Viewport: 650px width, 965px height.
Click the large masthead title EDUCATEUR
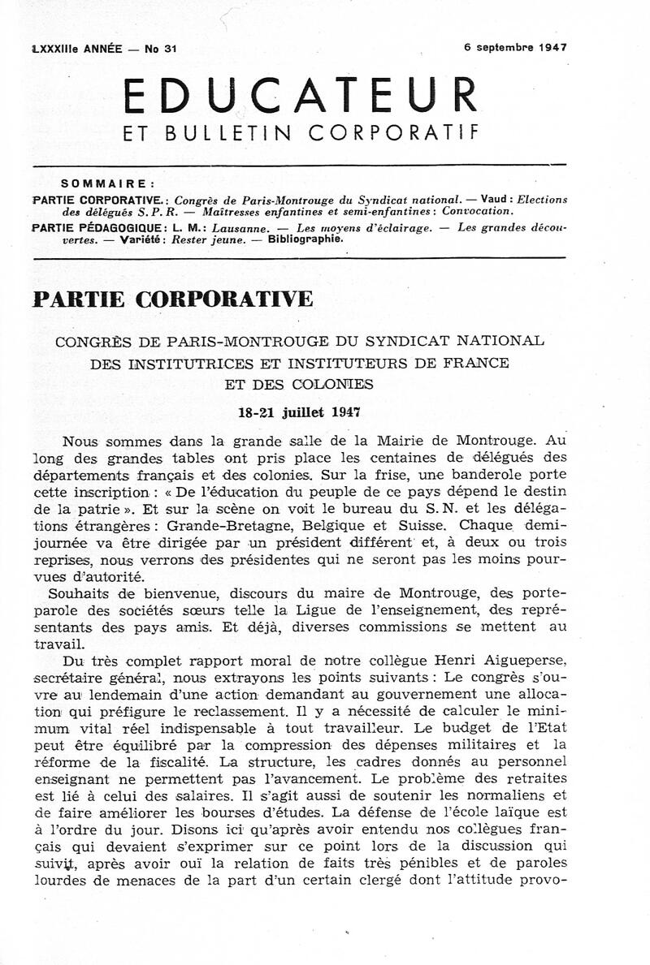pyautogui.click(x=300, y=96)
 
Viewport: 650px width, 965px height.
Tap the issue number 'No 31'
pyautogui.click(x=161, y=49)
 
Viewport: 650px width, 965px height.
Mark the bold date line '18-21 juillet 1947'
pyautogui.click(x=299, y=411)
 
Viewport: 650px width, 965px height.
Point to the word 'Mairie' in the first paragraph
pyautogui.click(x=401, y=442)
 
